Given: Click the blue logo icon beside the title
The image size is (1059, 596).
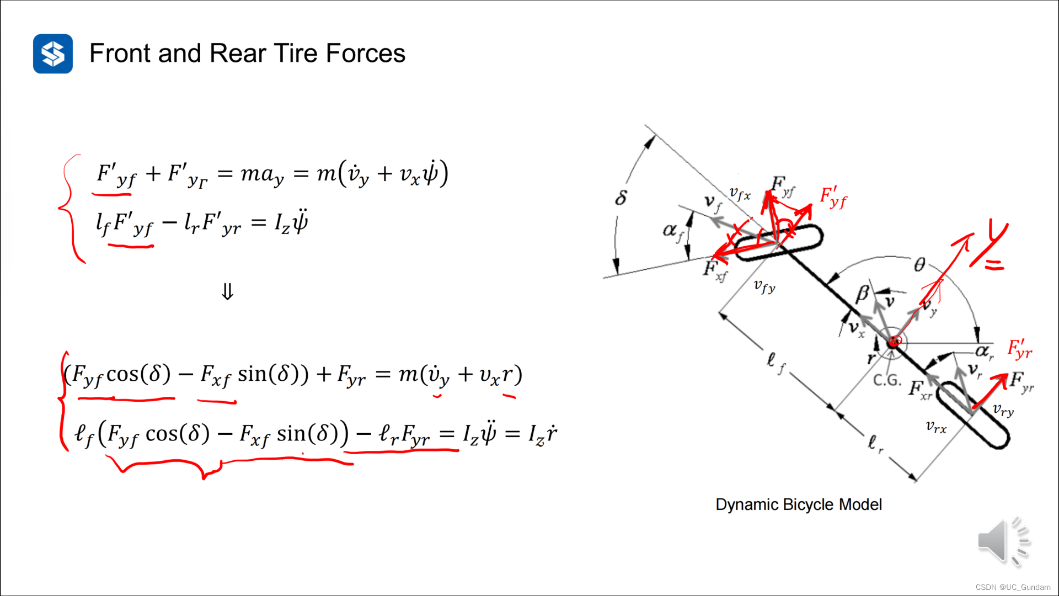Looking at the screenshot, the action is coord(53,54).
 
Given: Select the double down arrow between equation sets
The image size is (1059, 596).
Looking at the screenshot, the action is coord(227,291).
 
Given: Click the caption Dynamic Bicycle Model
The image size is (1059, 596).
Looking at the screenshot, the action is coord(798,504).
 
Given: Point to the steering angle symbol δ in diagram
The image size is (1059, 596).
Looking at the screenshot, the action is coord(621,198).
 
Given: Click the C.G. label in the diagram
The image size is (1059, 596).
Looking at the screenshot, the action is coord(887,380).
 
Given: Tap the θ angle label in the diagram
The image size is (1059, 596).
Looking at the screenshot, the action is coord(919,265).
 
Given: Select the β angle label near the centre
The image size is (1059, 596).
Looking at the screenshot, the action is coord(862,294).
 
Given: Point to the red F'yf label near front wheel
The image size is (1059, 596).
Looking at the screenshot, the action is coord(833,197).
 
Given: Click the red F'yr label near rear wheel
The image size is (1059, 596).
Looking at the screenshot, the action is coord(1019,349).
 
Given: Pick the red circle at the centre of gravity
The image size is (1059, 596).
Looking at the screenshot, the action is coord(895,342).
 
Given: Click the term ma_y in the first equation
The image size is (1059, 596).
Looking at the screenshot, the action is coord(263,174).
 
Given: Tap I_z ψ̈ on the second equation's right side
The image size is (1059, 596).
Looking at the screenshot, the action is coord(291,222).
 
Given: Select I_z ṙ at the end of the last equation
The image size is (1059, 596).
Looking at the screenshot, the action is coord(543,434).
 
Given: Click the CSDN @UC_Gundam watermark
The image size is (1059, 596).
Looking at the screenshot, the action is coord(1013,587).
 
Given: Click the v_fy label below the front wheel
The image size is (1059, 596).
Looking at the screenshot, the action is coord(764,286).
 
